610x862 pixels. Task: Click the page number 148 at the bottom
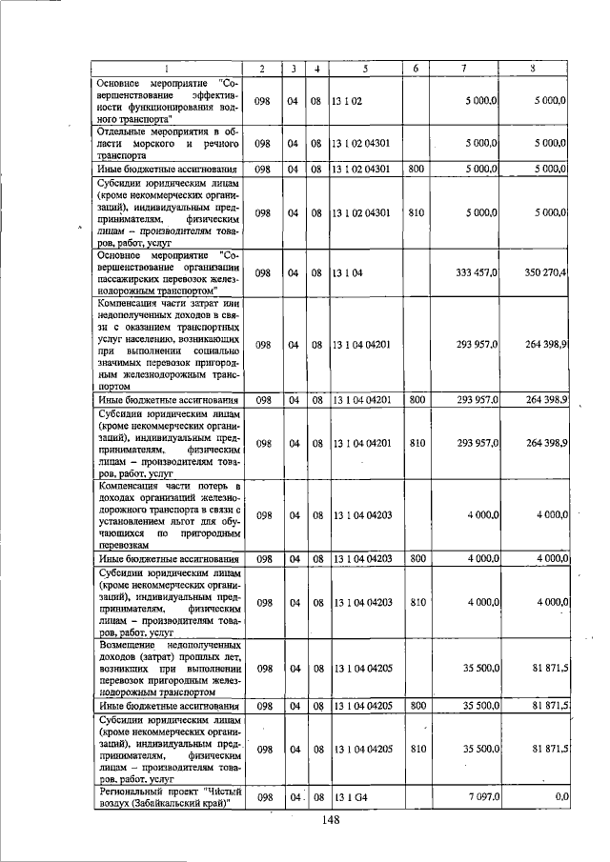click(x=331, y=821)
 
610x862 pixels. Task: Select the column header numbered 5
click(x=365, y=69)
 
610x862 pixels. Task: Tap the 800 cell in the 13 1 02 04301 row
click(x=416, y=169)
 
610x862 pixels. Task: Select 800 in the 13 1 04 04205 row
click(x=416, y=706)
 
